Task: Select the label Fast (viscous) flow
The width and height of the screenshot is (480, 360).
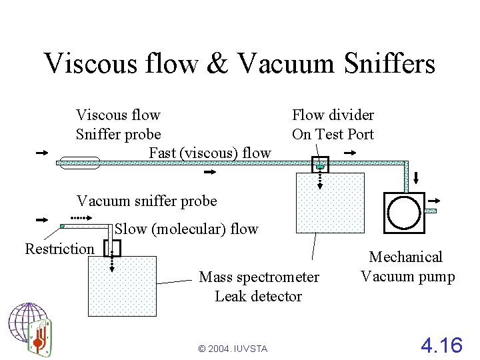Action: tap(210, 153)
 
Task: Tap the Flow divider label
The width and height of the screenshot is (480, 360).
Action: tap(333, 115)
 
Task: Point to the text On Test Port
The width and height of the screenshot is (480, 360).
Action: tap(333, 134)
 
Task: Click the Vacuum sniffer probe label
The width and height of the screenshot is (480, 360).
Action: tap(147, 201)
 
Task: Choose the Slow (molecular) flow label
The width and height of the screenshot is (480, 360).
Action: tap(187, 229)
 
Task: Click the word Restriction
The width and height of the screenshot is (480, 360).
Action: tap(59, 249)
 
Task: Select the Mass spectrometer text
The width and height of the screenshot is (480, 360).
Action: tap(259, 277)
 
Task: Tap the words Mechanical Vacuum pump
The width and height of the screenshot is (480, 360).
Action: tap(407, 267)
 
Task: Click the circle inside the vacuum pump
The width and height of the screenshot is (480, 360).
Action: tap(404, 212)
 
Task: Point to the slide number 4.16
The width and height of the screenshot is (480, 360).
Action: tap(441, 345)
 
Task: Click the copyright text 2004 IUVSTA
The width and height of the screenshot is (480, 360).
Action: tap(233, 349)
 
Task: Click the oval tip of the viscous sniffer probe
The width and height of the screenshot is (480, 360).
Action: tap(79, 162)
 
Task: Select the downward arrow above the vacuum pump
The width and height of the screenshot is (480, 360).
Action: tap(417, 178)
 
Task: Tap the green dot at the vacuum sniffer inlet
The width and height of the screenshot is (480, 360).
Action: tap(62, 226)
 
